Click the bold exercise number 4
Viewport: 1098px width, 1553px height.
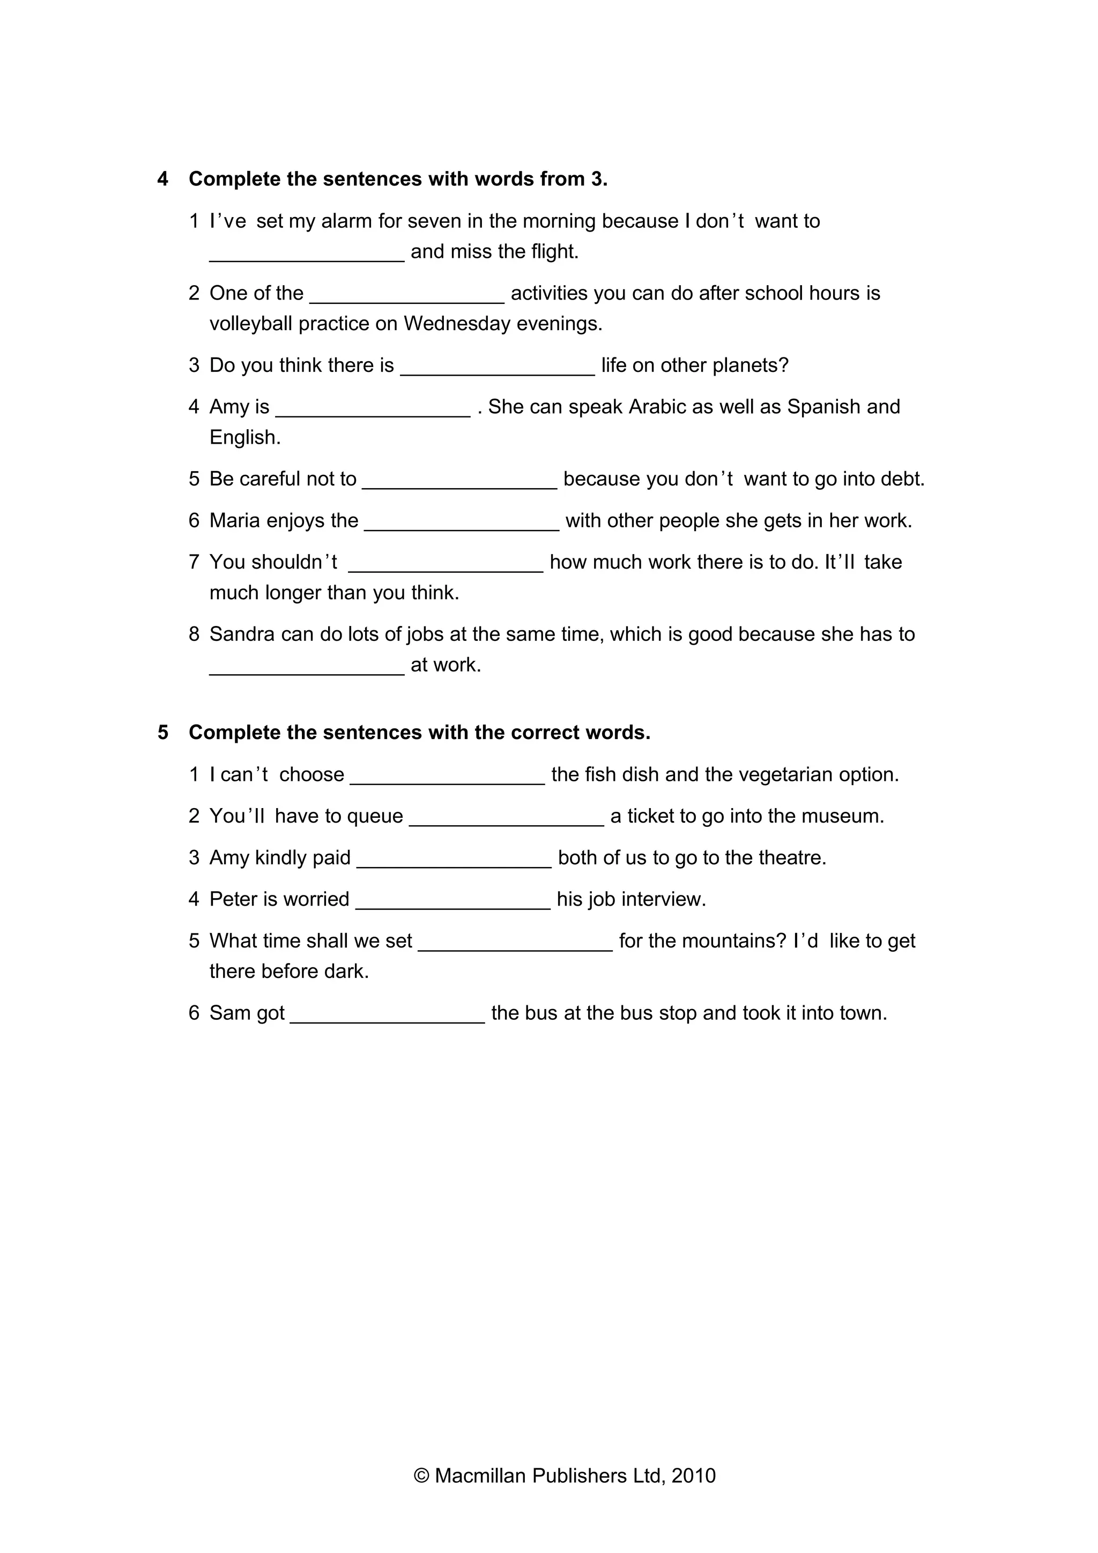162,179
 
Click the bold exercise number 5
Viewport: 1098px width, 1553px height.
162,733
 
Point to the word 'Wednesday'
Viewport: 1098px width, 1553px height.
457,324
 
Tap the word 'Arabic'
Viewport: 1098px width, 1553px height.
657,407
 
